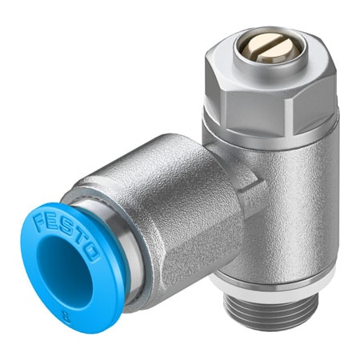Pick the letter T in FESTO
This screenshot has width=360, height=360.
click(x=88, y=237)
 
